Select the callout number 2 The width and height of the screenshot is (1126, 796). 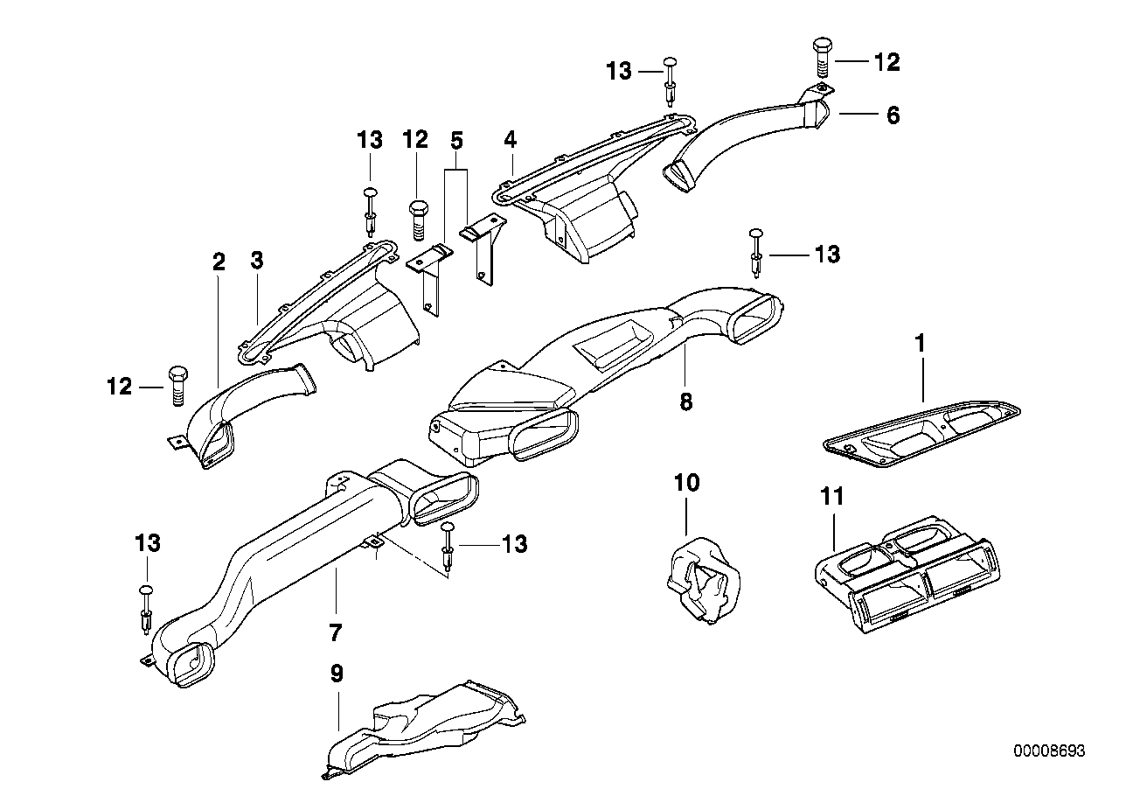219,262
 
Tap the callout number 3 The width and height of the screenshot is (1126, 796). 256,260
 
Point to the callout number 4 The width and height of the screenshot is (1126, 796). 511,139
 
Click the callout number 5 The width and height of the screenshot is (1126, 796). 456,139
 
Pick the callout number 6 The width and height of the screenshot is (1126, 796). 893,115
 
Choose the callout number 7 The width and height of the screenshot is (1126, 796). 335,631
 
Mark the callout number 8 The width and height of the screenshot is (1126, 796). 685,401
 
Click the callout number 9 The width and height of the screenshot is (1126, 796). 337,674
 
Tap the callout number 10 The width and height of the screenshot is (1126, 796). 687,482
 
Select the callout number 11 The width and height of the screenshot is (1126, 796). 832,498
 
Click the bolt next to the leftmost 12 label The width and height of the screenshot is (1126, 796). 173,386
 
